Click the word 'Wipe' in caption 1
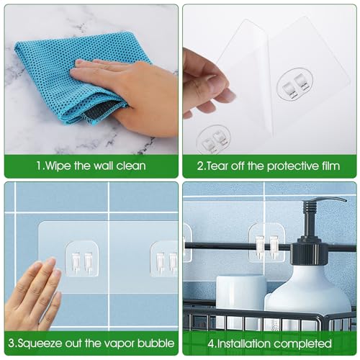click(x=59, y=166)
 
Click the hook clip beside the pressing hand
click(x=81, y=260)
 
